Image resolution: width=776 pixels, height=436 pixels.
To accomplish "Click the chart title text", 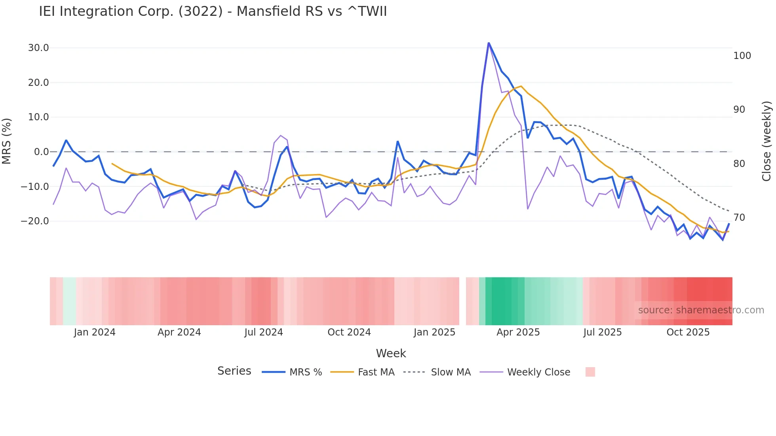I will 213,11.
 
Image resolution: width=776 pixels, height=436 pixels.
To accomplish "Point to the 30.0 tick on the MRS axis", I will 38,48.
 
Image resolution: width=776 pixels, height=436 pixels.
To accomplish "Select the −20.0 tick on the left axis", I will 35,221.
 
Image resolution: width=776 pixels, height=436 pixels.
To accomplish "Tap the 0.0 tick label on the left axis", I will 41,152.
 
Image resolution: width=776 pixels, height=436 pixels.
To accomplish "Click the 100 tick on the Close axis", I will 742,56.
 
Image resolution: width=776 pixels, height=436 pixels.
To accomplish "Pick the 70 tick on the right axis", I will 739,218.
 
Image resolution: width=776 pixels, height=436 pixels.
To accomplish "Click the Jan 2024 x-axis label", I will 95,332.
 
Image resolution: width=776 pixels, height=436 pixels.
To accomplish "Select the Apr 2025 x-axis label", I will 518,332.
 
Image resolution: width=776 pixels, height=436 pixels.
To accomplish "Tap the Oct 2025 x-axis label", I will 688,332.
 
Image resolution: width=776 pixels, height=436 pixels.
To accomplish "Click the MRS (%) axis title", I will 7,141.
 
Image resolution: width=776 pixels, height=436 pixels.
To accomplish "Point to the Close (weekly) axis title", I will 766,141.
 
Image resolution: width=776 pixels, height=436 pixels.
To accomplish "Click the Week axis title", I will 391,353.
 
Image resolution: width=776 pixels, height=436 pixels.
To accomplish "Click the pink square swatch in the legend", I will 590,372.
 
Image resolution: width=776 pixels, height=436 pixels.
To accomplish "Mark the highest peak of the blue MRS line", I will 489,43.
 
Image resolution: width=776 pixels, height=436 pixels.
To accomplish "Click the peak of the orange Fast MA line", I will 521,86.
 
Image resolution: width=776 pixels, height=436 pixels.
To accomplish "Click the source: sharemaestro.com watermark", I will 701,310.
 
